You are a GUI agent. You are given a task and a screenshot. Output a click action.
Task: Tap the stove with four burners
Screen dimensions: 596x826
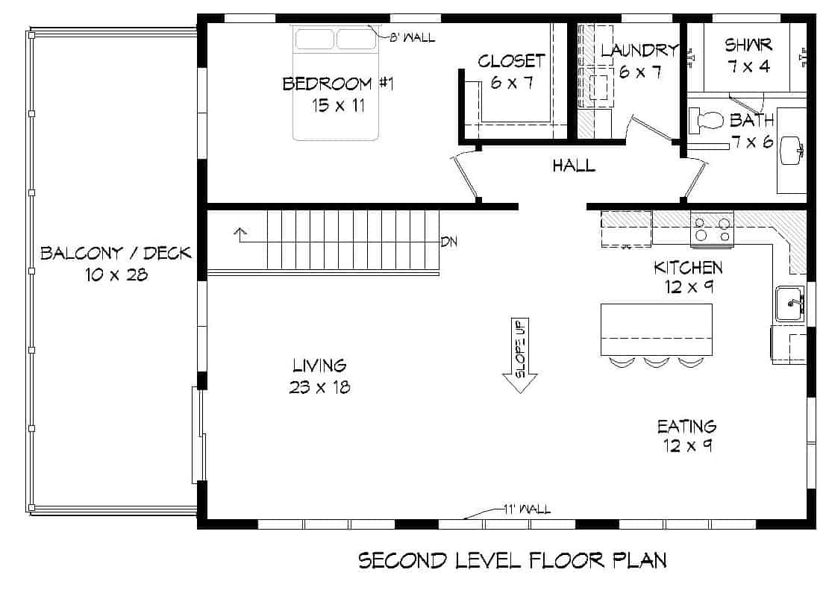[712, 228]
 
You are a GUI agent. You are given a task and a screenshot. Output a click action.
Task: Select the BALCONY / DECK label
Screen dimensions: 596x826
[116, 253]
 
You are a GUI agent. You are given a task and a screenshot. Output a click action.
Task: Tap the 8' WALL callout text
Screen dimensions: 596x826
[411, 37]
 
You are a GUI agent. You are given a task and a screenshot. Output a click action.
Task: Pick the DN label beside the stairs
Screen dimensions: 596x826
[448, 241]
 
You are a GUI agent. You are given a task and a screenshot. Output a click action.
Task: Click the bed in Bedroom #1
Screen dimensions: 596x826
[336, 82]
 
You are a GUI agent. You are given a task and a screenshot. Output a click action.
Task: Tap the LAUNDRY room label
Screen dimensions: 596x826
[639, 51]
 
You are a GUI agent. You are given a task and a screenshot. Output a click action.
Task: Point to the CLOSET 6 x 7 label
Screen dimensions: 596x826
[512, 72]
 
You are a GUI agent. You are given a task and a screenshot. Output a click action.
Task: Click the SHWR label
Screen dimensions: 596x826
[748, 46]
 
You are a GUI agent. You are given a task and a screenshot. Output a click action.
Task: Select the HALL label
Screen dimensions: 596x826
[574, 166]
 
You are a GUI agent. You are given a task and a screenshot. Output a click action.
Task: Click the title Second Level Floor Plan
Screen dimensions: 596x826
[512, 560]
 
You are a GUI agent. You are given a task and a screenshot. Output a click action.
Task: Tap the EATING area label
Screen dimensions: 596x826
[686, 427]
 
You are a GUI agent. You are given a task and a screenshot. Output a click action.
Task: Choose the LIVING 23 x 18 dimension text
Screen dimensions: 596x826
[320, 387]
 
